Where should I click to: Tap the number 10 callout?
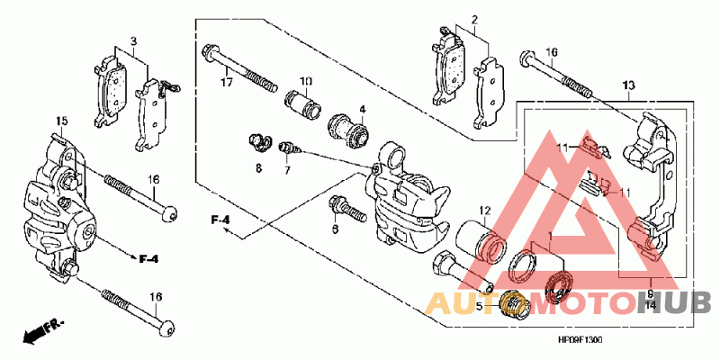(306, 81)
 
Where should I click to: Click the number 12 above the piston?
(483, 211)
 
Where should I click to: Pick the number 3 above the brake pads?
(133, 41)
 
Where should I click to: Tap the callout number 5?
(480, 306)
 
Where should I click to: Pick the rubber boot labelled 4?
(351, 131)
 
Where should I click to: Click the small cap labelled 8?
(258, 141)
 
